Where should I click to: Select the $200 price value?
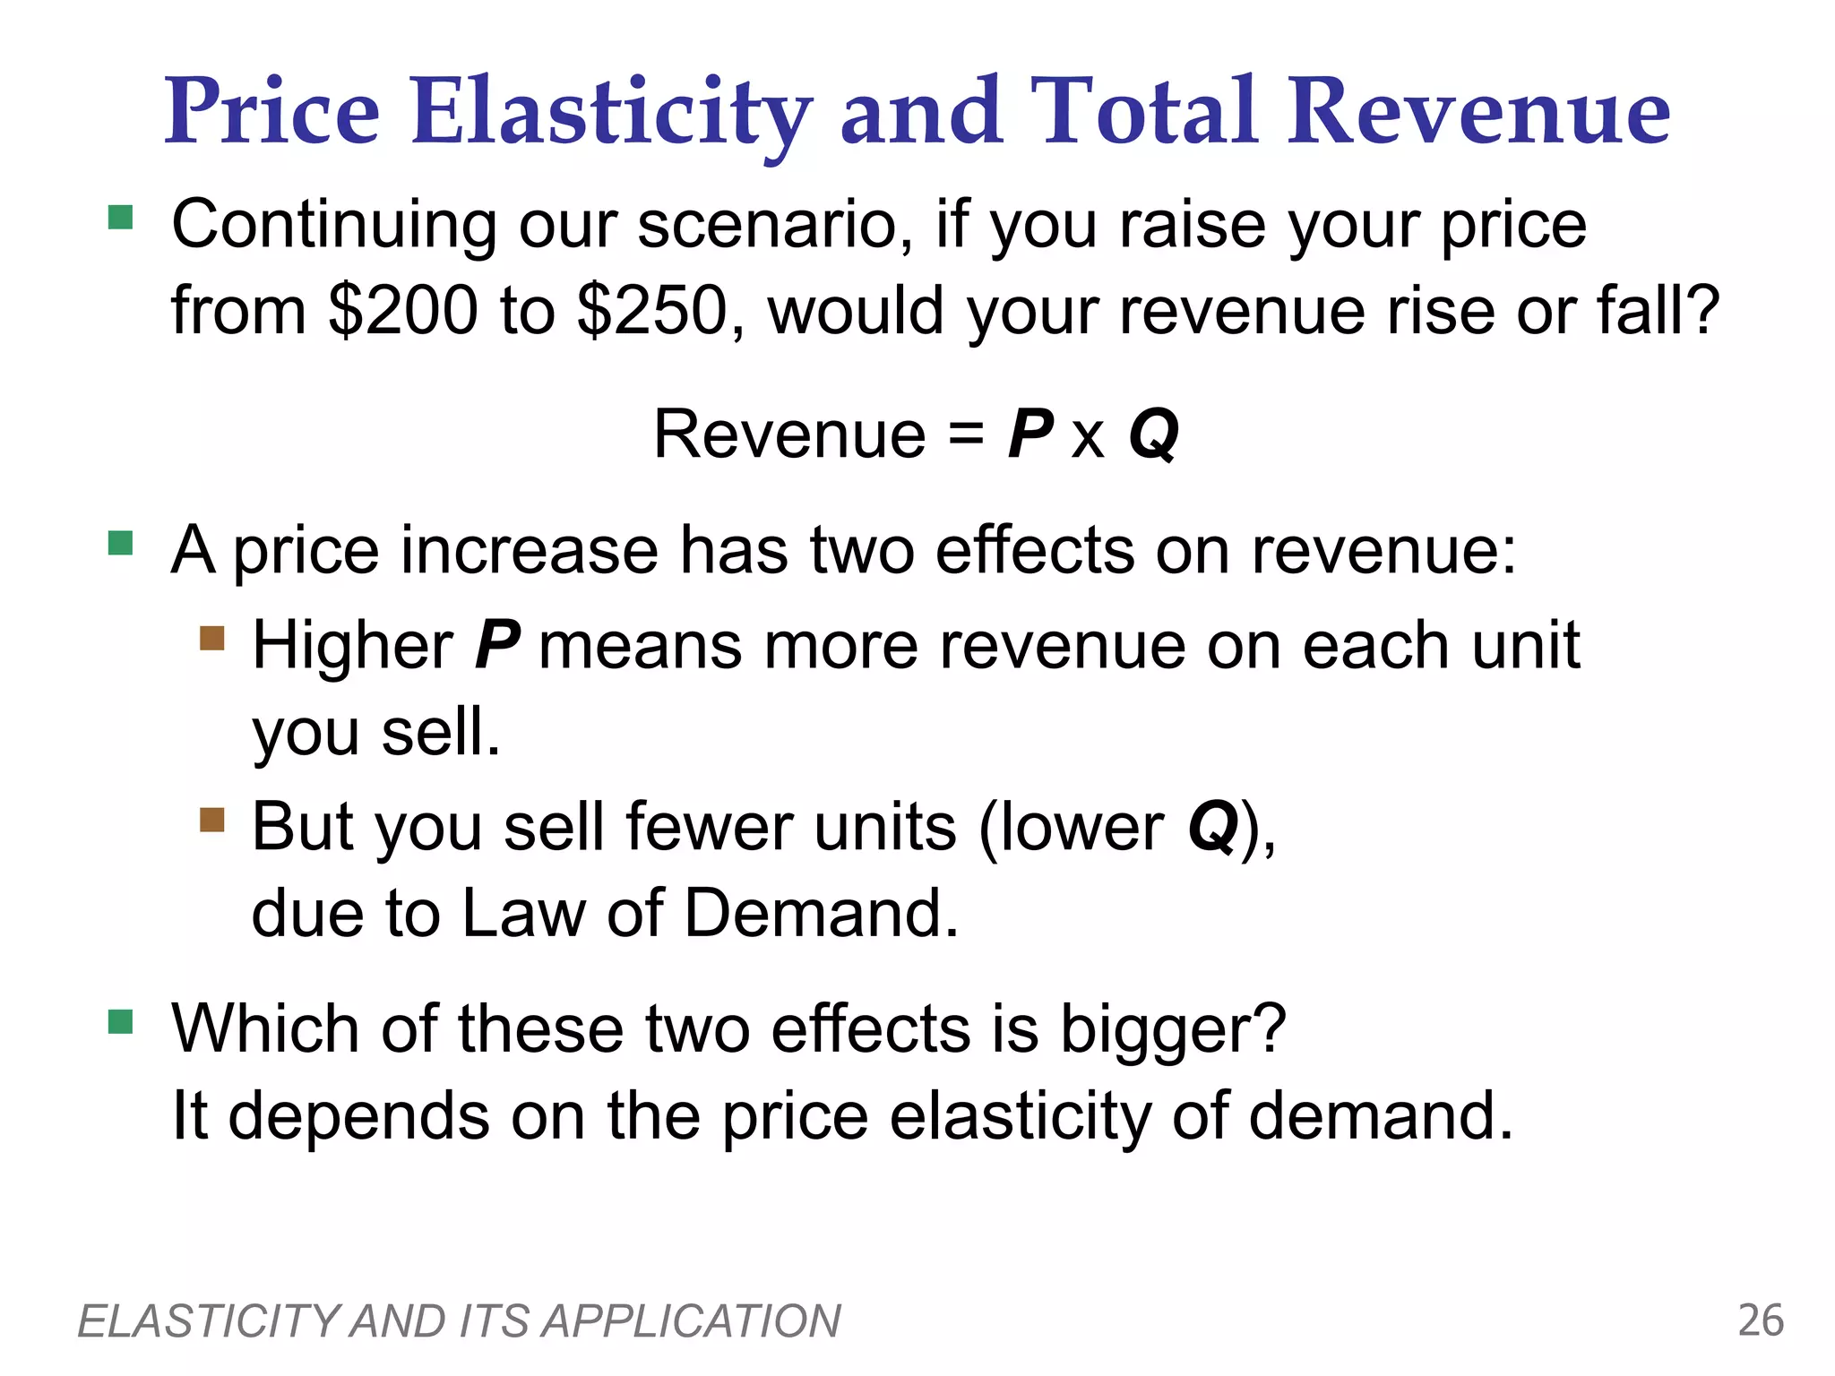pos(403,310)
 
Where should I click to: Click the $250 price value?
pos(652,310)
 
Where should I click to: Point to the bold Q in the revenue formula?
pos(1153,434)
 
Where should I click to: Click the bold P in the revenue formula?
pos(1029,434)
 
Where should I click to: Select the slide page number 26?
pos(1761,1321)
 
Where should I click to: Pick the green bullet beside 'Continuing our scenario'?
pos(120,218)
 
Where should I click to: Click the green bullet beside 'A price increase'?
pos(120,543)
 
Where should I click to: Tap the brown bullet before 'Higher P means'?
pos(212,638)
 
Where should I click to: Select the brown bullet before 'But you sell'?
pos(212,820)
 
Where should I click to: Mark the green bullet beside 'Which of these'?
pos(120,1021)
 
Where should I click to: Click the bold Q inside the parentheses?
pos(1212,826)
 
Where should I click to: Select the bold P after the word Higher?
pos(496,645)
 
